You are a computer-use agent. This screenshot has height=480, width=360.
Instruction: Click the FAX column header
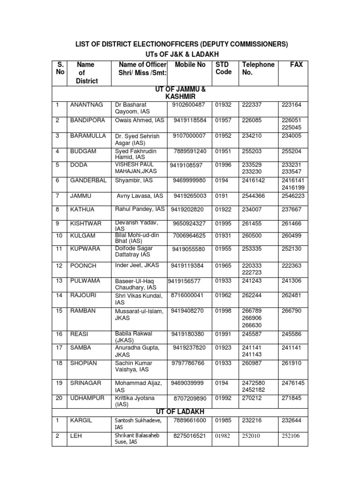click(296, 65)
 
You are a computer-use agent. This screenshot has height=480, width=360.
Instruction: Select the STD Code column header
click(224, 68)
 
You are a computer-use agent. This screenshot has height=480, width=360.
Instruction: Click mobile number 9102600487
click(189, 105)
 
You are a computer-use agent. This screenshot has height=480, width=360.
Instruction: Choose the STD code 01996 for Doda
click(224, 165)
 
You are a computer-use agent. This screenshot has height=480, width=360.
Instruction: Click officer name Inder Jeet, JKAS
click(137, 265)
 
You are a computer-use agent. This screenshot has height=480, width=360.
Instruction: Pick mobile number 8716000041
click(187, 295)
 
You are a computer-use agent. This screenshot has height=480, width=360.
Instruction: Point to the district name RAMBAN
click(83, 310)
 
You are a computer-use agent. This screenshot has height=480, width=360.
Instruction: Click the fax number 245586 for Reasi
click(292, 334)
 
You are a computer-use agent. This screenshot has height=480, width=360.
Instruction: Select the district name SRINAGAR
click(86, 383)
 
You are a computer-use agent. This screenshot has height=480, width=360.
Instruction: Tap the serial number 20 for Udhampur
click(59, 398)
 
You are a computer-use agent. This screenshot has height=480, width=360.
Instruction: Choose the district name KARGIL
click(82, 420)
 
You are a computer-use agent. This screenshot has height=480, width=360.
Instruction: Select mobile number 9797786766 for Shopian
click(188, 363)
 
